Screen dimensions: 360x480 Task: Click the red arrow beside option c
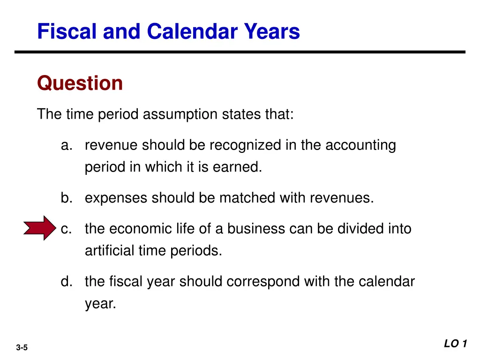(40, 228)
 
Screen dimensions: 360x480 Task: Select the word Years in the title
(271, 32)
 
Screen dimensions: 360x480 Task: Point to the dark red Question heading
(80, 83)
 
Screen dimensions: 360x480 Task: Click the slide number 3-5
(22, 347)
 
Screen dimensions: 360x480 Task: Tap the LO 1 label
(456, 344)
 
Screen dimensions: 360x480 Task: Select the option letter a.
(66, 146)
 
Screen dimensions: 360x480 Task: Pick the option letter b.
(66, 198)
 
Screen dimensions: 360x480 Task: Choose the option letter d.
(66, 282)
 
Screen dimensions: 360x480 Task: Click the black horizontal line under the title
(240, 52)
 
